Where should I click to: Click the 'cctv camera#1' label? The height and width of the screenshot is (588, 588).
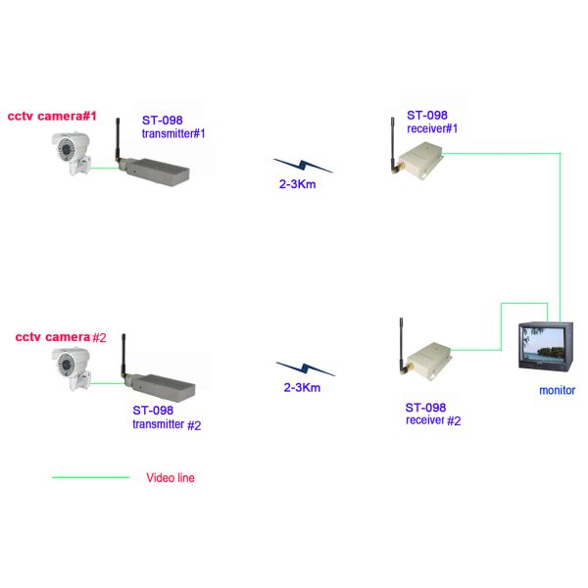click(x=53, y=116)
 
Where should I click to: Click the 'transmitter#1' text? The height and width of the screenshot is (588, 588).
click(x=173, y=133)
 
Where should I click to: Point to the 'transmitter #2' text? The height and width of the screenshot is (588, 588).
click(x=167, y=424)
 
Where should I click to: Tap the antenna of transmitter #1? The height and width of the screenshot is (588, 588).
click(x=114, y=142)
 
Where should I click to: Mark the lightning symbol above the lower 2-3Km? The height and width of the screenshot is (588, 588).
click(x=305, y=368)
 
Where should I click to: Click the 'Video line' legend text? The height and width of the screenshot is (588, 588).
click(x=170, y=478)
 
